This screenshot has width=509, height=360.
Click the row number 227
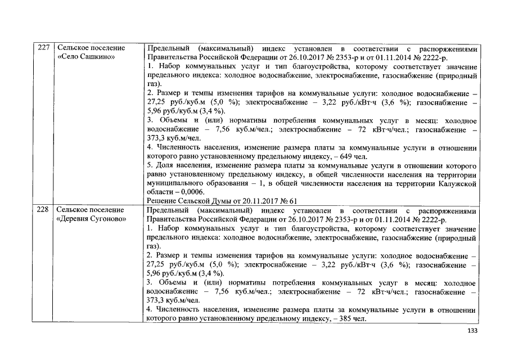click(43, 48)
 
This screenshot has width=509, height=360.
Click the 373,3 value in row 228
click(156, 301)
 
